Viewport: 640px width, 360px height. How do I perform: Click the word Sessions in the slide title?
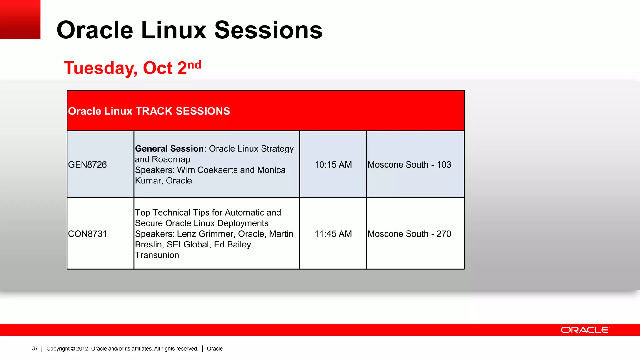click(x=268, y=30)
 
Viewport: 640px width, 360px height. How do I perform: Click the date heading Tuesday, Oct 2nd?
click(x=132, y=67)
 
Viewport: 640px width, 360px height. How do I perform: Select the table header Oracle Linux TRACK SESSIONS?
click(x=149, y=111)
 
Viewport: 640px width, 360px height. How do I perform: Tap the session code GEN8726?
click(x=87, y=164)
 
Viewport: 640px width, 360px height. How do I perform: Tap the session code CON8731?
click(x=87, y=234)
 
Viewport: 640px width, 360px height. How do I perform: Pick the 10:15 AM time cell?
click(x=333, y=164)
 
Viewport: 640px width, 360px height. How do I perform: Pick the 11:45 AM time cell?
click(x=333, y=234)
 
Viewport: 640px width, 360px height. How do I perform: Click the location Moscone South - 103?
click(x=409, y=164)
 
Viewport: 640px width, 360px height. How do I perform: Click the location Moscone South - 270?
click(x=409, y=234)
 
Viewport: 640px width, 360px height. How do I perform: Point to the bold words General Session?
click(x=169, y=148)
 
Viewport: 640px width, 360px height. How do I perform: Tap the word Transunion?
click(x=157, y=255)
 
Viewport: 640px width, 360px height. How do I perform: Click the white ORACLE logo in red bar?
click(x=585, y=330)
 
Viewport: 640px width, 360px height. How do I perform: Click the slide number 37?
click(x=35, y=349)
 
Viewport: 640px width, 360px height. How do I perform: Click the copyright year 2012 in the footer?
click(x=82, y=349)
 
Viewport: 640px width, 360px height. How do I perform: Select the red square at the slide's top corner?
click(x=20, y=19)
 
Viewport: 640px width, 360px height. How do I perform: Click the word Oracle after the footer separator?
click(x=215, y=349)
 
